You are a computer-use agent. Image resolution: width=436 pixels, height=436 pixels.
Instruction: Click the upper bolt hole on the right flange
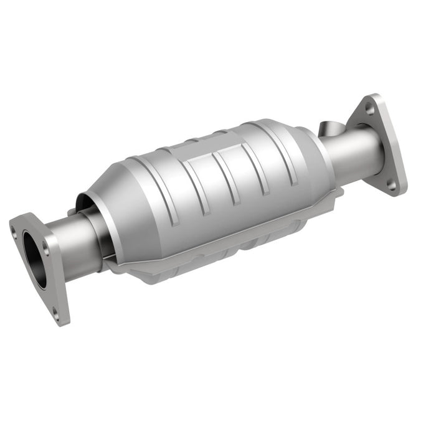[x=371, y=110]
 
